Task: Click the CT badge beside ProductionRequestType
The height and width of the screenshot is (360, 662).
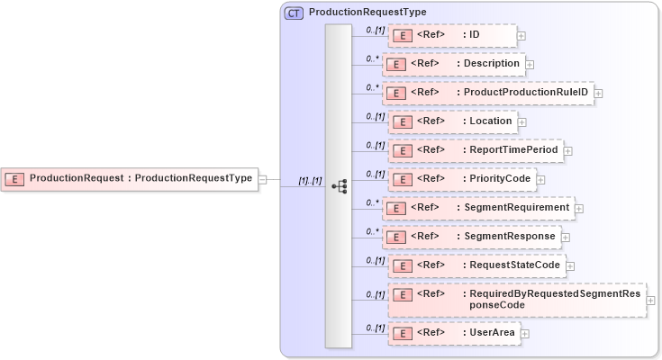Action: coord(295,13)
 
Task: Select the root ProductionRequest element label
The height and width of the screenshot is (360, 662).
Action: coord(141,178)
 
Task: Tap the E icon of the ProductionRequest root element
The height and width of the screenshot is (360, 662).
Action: coord(14,179)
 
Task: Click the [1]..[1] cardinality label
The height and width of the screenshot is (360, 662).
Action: coord(310,181)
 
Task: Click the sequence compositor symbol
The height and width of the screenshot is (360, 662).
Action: coord(339,186)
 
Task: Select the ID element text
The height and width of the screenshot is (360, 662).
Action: coord(475,35)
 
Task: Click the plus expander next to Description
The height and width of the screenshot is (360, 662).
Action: coord(530,65)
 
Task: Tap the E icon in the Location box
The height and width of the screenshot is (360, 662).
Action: coord(404,121)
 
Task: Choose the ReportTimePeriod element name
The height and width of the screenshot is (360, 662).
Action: coord(511,149)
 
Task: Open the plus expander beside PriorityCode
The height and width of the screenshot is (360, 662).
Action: coord(540,179)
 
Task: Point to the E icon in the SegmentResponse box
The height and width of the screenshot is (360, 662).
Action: coord(399,237)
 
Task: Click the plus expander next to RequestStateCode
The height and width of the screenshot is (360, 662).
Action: coord(570,266)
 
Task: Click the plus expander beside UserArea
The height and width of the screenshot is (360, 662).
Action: coord(525,334)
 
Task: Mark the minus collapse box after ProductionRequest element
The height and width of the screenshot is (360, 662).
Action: coord(262,178)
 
